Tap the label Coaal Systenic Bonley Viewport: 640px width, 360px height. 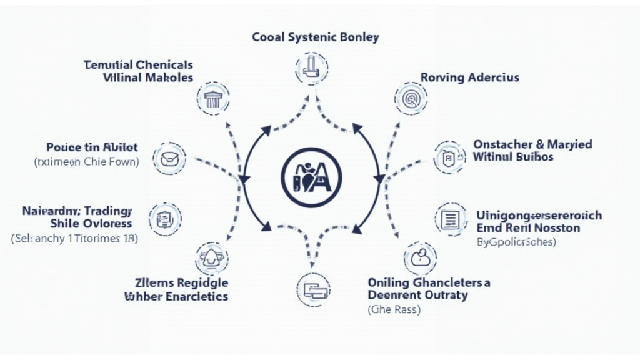(315, 37)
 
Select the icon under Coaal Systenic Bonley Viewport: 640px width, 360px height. (310, 67)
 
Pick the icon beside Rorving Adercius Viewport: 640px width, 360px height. (411, 98)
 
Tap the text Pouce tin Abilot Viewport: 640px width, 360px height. (92, 147)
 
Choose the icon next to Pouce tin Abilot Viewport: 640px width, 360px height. (169, 157)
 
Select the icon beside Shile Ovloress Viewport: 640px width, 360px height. (165, 218)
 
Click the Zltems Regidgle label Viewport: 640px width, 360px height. (181, 282)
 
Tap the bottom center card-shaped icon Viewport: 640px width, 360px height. (312, 289)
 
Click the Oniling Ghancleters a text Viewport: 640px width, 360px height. (429, 282)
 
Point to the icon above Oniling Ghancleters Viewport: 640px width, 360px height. (420, 257)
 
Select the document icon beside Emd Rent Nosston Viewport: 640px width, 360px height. (450, 219)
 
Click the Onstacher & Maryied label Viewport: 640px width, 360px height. (532, 144)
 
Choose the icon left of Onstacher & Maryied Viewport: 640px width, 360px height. (449, 157)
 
